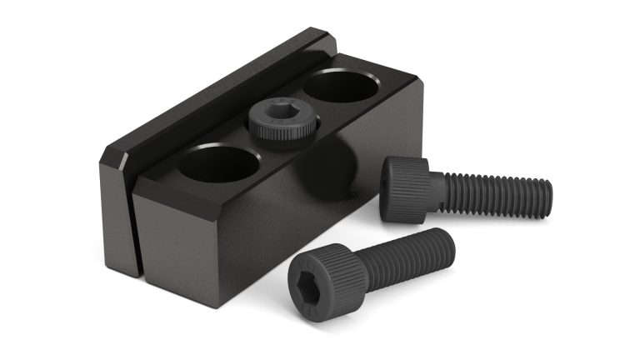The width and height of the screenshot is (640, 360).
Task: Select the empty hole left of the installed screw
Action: pos(219,164)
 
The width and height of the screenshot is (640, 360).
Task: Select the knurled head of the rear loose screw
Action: pos(405,190)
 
